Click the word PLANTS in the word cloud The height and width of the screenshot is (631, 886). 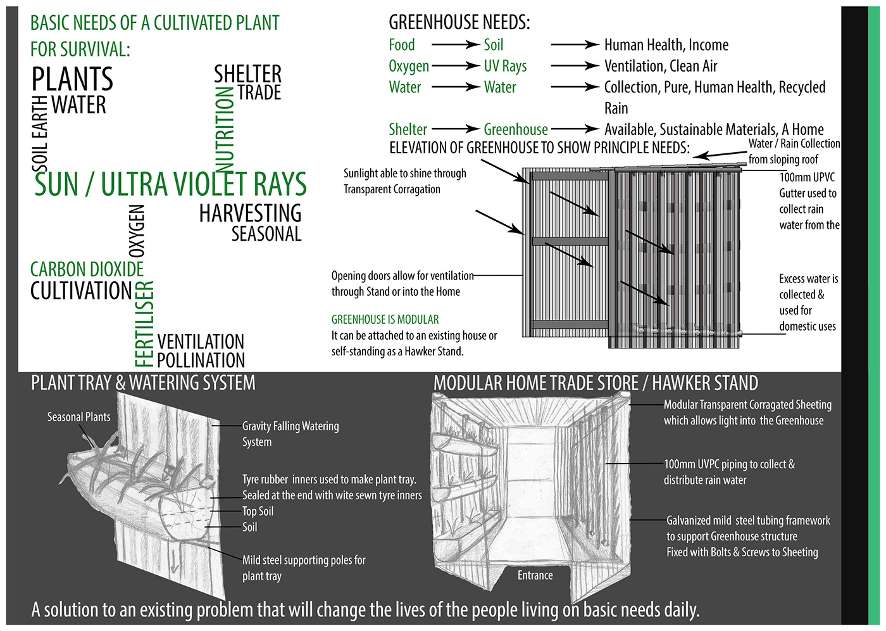(x=72, y=79)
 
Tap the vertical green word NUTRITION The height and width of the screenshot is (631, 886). (x=225, y=130)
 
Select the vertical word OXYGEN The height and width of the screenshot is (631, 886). (x=137, y=231)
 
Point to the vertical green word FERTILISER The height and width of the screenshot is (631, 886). (x=144, y=324)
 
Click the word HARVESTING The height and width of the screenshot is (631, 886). (x=250, y=214)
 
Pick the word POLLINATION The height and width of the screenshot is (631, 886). (x=201, y=360)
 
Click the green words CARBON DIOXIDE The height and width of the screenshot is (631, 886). (x=87, y=269)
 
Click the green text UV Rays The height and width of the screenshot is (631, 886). (x=505, y=66)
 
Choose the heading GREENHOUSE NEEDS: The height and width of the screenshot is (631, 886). (x=459, y=23)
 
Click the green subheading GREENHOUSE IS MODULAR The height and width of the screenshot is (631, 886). (x=385, y=319)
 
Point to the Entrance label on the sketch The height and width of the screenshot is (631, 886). (x=535, y=575)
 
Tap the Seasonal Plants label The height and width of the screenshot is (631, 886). (x=78, y=417)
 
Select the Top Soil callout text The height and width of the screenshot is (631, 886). (x=258, y=511)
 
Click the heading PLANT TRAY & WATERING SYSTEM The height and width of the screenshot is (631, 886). (x=143, y=383)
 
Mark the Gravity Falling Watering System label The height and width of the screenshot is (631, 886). (x=290, y=434)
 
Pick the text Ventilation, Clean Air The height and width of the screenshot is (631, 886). (x=661, y=66)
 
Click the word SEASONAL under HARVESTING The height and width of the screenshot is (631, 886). (x=266, y=234)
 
